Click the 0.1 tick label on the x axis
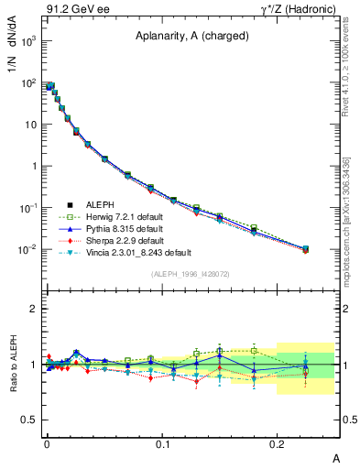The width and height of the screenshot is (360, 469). (163, 443)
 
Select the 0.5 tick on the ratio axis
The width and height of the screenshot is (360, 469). (29, 420)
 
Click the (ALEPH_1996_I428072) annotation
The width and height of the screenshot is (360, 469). (184, 273)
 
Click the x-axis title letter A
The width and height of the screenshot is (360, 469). (336, 455)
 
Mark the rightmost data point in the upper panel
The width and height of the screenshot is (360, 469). (306, 249)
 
